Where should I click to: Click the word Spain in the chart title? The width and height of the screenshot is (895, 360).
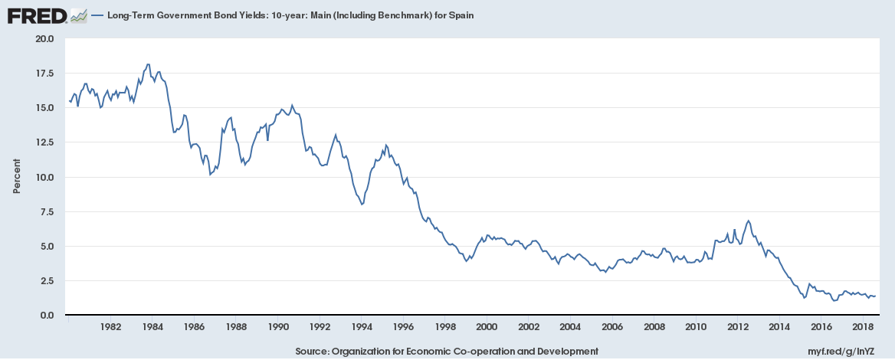(447, 15)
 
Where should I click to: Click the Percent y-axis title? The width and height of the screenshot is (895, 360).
(16, 177)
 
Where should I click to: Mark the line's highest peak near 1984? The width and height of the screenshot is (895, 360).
(148, 64)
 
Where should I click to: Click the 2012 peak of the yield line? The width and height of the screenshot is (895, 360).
(748, 221)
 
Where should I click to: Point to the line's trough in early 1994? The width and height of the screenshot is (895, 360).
(362, 205)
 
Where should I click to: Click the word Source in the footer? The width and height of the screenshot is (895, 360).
(311, 351)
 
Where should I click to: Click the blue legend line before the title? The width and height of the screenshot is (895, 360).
(97, 15)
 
